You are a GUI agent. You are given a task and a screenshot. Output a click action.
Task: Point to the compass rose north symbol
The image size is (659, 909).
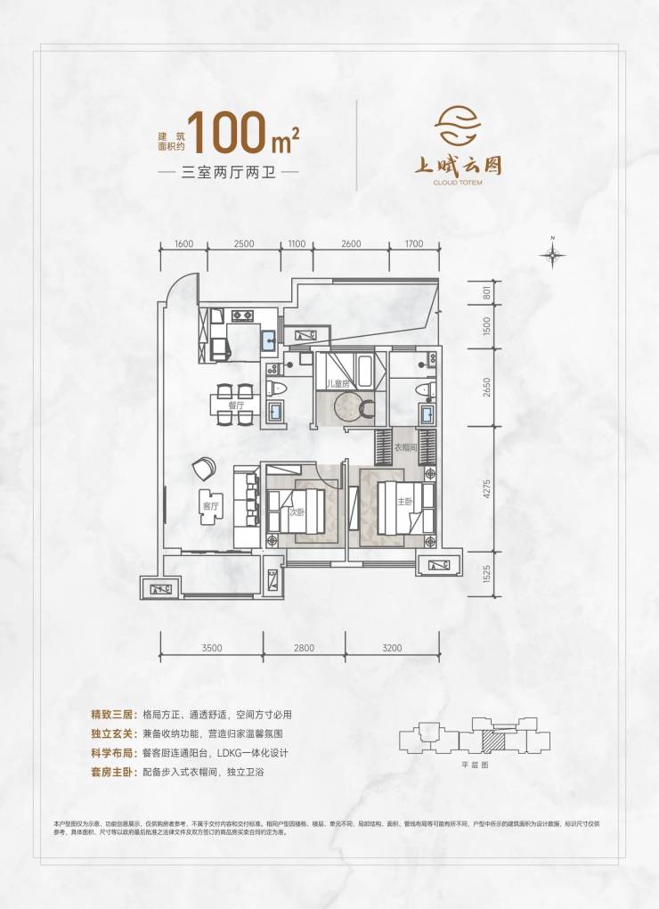553,255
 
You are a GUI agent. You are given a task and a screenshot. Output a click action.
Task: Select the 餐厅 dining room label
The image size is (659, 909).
236,405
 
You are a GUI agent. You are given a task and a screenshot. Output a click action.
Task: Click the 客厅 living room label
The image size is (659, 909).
210,505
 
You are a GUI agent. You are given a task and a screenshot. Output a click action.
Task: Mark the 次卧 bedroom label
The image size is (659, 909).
295,512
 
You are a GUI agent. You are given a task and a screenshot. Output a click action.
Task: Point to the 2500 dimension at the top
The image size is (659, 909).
245,244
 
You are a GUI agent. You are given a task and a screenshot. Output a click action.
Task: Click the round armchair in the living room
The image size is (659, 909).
204,466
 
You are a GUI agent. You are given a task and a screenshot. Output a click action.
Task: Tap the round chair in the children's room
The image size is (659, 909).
349,406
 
